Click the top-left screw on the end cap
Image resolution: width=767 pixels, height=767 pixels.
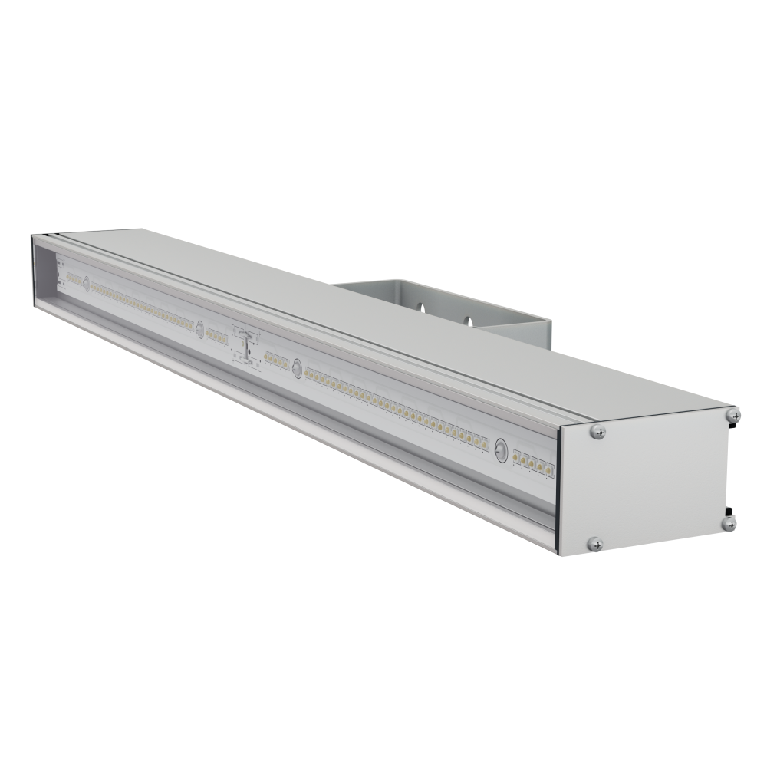click(598, 432)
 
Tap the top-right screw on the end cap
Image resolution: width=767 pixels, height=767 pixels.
click(734, 415)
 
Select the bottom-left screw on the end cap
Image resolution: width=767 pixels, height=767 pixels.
click(595, 544)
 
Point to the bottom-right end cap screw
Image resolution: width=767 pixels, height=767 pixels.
click(729, 524)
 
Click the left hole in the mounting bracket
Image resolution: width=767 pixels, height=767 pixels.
click(420, 308)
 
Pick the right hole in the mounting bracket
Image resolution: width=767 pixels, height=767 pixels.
click(466, 318)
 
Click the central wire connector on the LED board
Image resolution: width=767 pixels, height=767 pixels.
click(246, 347)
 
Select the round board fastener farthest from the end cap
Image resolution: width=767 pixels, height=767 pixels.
click(86, 282)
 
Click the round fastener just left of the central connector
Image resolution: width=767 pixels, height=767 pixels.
click(200, 329)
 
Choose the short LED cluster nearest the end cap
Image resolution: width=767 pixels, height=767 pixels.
click(532, 463)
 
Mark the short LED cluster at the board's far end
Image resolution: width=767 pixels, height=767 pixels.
click(74, 278)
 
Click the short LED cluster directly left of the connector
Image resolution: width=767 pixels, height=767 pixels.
click(216, 336)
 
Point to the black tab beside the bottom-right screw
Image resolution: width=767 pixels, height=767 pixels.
click(729, 510)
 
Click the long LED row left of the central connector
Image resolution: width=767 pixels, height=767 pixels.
click(142, 305)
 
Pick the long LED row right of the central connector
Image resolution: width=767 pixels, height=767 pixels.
click(395, 407)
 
